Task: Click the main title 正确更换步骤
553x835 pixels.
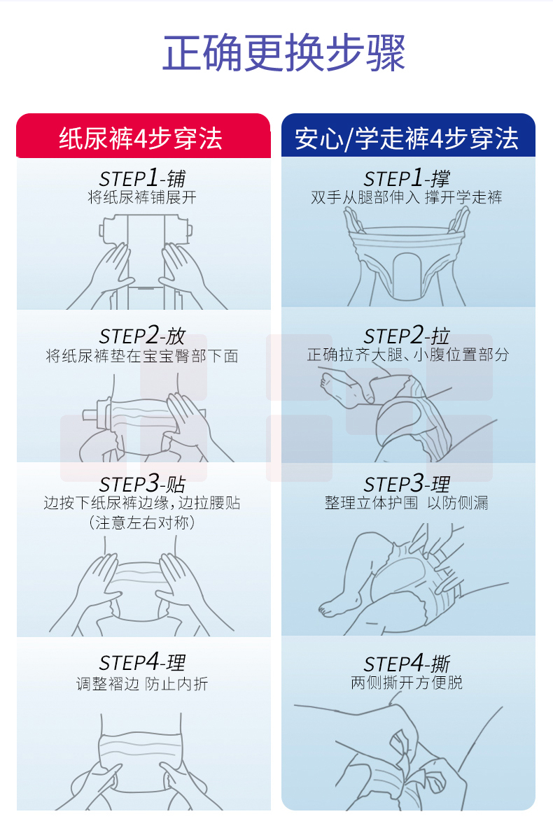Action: [x=283, y=52]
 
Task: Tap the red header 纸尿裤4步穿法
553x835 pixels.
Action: [x=141, y=138]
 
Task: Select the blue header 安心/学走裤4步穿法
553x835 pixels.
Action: [x=407, y=138]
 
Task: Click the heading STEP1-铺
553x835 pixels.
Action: [x=142, y=178]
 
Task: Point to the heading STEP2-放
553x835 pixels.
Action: [x=142, y=336]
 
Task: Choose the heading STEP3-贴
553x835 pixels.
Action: [x=142, y=483]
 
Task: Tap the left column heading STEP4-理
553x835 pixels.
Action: [x=142, y=662]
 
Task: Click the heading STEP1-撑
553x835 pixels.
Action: [x=407, y=178]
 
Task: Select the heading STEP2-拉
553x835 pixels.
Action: [x=407, y=336]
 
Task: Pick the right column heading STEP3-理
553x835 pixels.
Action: [x=407, y=483]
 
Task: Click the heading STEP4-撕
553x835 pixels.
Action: [x=407, y=664]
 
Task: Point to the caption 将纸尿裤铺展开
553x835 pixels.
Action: [x=142, y=198]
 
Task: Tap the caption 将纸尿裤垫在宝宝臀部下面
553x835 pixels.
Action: [x=142, y=356]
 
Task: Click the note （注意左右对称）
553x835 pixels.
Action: [x=142, y=522]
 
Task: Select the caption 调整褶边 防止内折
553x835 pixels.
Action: [x=142, y=683]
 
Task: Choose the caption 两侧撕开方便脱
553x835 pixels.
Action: [x=407, y=682]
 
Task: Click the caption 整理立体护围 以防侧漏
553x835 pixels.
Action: [x=407, y=502]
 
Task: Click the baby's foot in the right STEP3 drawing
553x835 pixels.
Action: [x=337, y=608]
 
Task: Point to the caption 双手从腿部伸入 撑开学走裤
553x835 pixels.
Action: [x=407, y=198]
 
